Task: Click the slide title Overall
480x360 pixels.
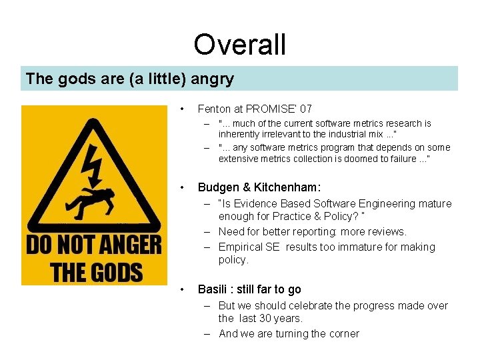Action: (239, 45)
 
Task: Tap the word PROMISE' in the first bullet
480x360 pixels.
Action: (272, 109)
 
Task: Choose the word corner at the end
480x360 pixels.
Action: (343, 333)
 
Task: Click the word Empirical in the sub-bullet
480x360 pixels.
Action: (241, 247)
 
